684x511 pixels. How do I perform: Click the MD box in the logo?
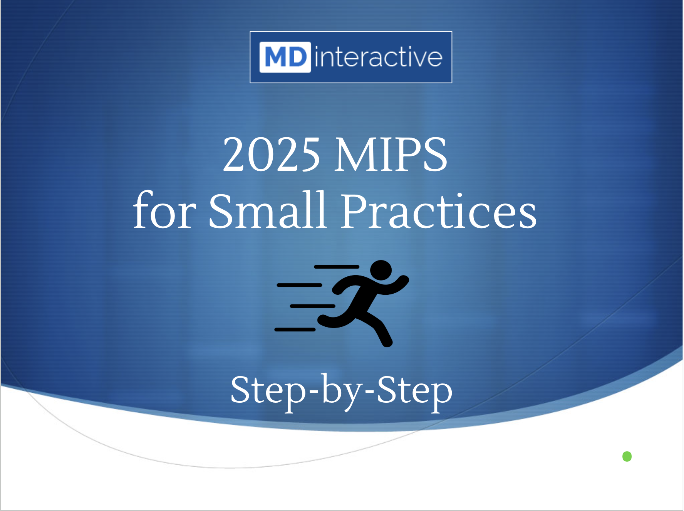pyautogui.click(x=285, y=57)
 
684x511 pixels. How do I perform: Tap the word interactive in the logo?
pyautogui.click(x=379, y=57)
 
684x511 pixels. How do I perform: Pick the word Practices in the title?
pyautogui.click(x=439, y=210)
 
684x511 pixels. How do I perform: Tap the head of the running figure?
pyautogui.click(x=381, y=270)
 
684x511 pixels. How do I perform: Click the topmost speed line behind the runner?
pyautogui.click(x=337, y=267)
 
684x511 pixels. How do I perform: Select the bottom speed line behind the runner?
pyautogui.click(x=295, y=329)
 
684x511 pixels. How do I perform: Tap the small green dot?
pyautogui.click(x=627, y=457)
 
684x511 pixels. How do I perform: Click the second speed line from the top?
pyautogui.click(x=300, y=285)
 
